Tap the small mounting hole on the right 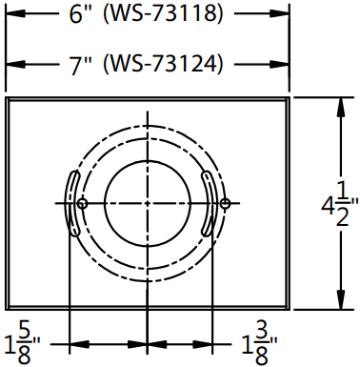click(x=225, y=203)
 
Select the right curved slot click(x=210, y=203)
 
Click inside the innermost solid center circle click(x=147, y=203)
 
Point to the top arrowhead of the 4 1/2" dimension click(x=341, y=102)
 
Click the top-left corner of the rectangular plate click(x=7, y=97)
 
